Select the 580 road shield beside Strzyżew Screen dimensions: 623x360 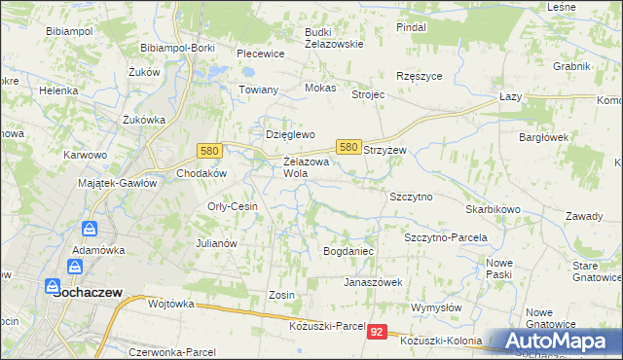point(348,146)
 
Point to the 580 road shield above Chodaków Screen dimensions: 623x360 point(207,151)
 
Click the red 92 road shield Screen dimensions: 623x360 point(378,332)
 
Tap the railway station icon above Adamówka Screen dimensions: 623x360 point(89,230)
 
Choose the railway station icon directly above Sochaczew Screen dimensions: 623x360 point(75,266)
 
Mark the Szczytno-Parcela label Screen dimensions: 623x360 point(445,237)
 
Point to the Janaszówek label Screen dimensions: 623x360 point(372,282)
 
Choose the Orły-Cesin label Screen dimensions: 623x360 point(232,206)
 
